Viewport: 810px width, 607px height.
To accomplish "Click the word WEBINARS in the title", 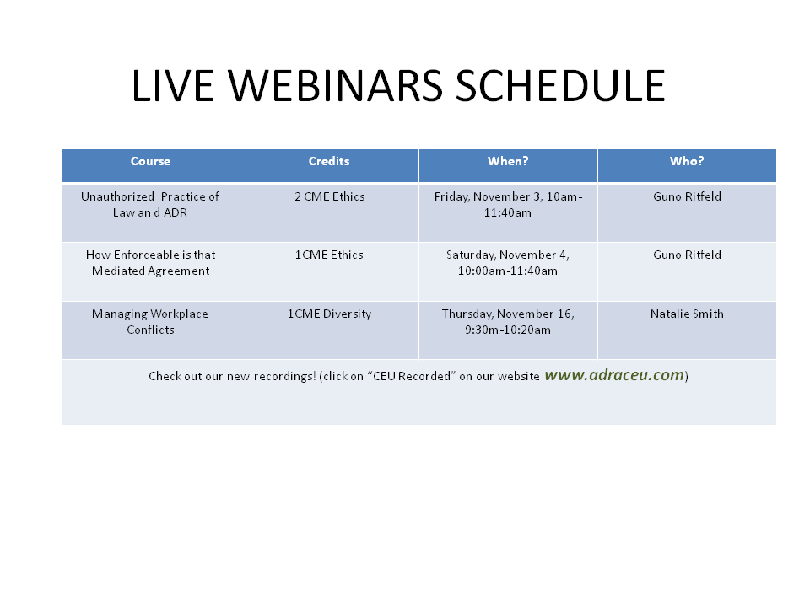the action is pos(335,86).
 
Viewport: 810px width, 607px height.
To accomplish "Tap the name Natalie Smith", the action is pos(687,314).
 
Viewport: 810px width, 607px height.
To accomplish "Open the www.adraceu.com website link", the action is pos(614,374).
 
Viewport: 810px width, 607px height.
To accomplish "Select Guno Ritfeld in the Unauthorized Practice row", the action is pos(687,196).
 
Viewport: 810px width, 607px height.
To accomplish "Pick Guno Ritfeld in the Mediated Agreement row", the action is pos(687,255).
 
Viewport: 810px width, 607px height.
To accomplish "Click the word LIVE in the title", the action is pos(172,86).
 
